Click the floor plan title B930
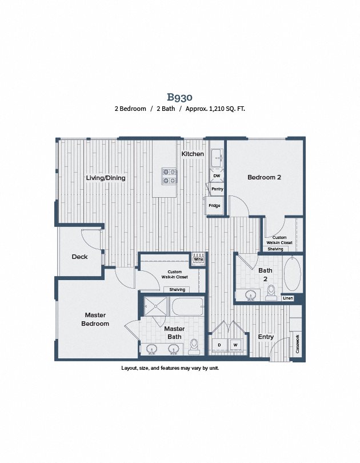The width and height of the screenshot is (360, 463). pyautogui.click(x=179, y=97)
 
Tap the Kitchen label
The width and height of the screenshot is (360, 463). pyautogui.click(x=193, y=154)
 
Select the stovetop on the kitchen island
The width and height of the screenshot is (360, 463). pyautogui.click(x=169, y=175)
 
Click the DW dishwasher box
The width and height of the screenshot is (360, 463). pyautogui.click(x=217, y=175)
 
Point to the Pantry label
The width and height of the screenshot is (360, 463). pyautogui.click(x=217, y=189)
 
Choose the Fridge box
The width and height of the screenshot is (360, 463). pyautogui.click(x=214, y=206)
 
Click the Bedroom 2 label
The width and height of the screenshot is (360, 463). pyautogui.click(x=264, y=177)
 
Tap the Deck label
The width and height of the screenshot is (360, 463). pyautogui.click(x=79, y=257)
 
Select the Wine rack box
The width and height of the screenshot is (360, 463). pyautogui.click(x=198, y=260)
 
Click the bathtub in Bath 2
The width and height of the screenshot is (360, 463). pyautogui.click(x=292, y=274)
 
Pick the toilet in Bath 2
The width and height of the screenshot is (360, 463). pyautogui.click(x=271, y=292)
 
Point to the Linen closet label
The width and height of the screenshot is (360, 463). pyautogui.click(x=287, y=298)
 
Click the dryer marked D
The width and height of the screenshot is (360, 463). pyautogui.click(x=219, y=345)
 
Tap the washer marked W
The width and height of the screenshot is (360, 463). pyautogui.click(x=235, y=345)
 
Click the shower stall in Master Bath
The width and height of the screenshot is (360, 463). pyautogui.click(x=155, y=306)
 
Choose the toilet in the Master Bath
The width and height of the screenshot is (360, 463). pyautogui.click(x=194, y=346)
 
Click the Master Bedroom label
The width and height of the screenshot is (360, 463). pyautogui.click(x=95, y=319)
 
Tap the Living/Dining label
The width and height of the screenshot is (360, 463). pyautogui.click(x=106, y=178)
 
